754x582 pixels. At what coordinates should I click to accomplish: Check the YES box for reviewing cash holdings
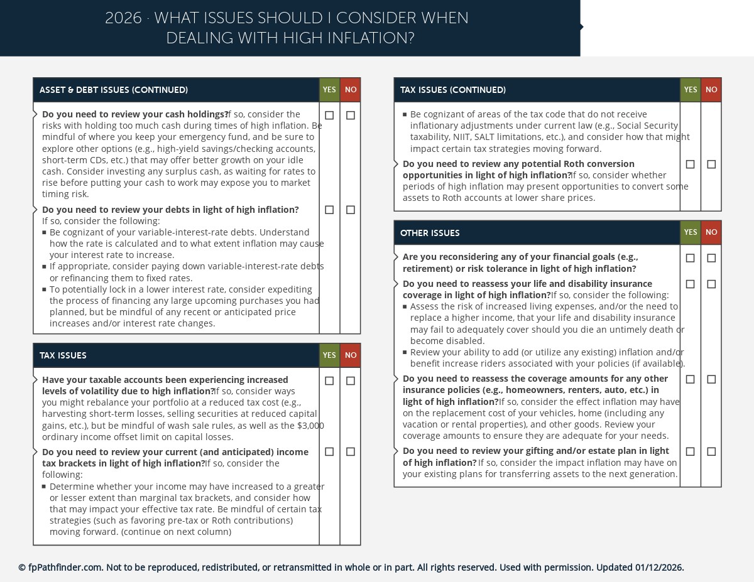[x=329, y=116]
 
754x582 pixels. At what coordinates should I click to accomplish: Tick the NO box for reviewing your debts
[x=351, y=210]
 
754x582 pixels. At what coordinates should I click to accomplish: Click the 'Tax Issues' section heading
[x=63, y=355]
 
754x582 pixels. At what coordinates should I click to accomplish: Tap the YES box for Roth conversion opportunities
[x=690, y=164]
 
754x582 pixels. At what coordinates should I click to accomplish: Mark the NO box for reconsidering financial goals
[x=711, y=258]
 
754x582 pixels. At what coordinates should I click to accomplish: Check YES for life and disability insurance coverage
[x=690, y=284]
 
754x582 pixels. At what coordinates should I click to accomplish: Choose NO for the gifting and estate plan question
[x=711, y=451]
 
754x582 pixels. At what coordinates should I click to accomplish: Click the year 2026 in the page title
[x=123, y=18]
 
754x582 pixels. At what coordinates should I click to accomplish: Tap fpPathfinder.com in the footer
[x=65, y=568]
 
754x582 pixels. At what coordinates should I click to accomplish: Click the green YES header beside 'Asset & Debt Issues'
[x=329, y=90]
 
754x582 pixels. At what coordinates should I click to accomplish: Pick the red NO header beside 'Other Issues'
[x=711, y=232]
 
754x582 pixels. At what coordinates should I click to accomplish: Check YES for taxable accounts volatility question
[x=329, y=381]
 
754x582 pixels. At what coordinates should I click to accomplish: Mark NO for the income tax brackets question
[x=351, y=452]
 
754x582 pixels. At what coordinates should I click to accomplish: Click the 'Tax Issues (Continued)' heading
[x=452, y=90]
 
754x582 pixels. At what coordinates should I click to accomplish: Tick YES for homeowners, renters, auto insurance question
[x=690, y=379]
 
